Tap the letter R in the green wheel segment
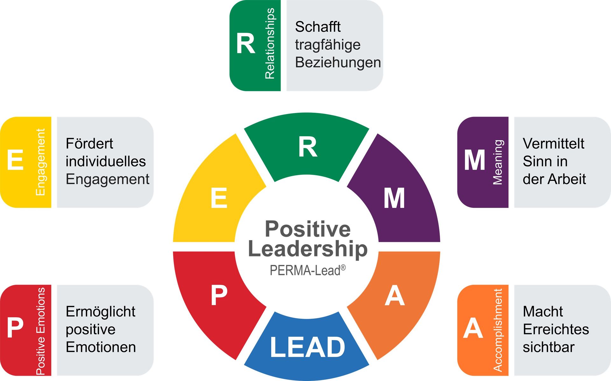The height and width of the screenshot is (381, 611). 308,147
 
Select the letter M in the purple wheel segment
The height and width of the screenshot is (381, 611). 394,198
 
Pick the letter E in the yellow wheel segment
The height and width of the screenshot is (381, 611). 219,198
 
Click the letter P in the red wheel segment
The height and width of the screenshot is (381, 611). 219,295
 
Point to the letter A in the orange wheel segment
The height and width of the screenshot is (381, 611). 395,295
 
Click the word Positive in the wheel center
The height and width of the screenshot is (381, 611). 308,229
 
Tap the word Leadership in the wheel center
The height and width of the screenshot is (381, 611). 308,249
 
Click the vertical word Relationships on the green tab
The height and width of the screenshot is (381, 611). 270,44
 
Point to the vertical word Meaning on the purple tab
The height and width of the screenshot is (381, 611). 498,162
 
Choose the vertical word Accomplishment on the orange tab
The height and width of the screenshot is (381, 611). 498,330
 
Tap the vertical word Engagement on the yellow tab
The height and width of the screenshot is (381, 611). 40,162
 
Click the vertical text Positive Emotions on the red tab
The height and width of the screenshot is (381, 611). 40,331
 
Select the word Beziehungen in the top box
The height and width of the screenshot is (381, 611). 338,62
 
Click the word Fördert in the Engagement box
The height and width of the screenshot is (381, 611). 89,144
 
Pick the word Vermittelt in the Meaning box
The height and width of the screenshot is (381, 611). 553,144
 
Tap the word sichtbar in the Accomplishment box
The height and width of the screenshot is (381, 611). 549,347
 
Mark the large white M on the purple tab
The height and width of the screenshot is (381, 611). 474,160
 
